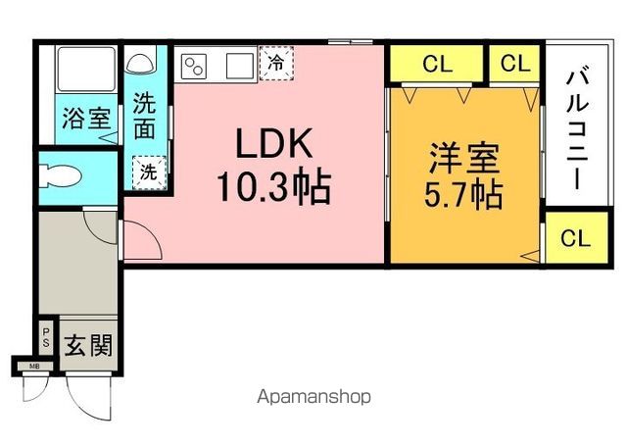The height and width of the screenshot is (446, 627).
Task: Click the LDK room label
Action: pos(274,143)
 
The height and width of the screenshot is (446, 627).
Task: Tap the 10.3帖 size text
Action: pos(274,187)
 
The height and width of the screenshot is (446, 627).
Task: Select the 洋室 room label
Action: pos(463,158)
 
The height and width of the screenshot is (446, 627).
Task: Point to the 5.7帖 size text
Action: pos(463,195)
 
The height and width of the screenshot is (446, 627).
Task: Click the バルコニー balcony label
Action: pos(577,129)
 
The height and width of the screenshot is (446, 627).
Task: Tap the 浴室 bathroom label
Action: pos(86,118)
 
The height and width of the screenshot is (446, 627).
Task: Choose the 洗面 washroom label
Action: pos(144,116)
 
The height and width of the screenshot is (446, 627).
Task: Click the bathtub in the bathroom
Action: pos(86,70)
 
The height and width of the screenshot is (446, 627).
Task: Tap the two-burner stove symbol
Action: pos(194,66)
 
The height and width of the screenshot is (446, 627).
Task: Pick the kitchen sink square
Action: pos(240,66)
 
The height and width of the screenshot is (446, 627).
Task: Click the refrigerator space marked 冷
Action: pos(276,63)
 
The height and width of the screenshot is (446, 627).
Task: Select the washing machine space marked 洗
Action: pos(149,173)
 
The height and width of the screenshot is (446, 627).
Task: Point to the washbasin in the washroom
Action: pos(138,63)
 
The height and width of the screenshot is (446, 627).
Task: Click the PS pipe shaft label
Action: pos(46,337)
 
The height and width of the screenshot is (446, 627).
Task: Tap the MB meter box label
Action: pos(35,366)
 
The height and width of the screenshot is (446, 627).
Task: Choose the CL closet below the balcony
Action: pos(576,237)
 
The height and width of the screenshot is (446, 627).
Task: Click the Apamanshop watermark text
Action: pos(313,397)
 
